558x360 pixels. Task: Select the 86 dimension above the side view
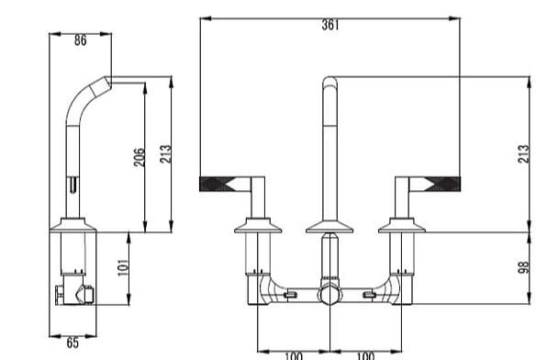point(80,40)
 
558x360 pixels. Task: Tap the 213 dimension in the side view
point(164,154)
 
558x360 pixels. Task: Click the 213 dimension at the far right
point(522,153)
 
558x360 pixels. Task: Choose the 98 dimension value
point(522,266)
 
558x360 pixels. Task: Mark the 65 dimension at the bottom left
point(72,343)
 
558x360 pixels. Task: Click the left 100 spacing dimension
point(293,354)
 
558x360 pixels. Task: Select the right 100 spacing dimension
point(364,354)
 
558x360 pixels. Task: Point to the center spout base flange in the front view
point(329,225)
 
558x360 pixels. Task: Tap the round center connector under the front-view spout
point(329,295)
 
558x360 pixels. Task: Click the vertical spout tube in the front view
point(329,147)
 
